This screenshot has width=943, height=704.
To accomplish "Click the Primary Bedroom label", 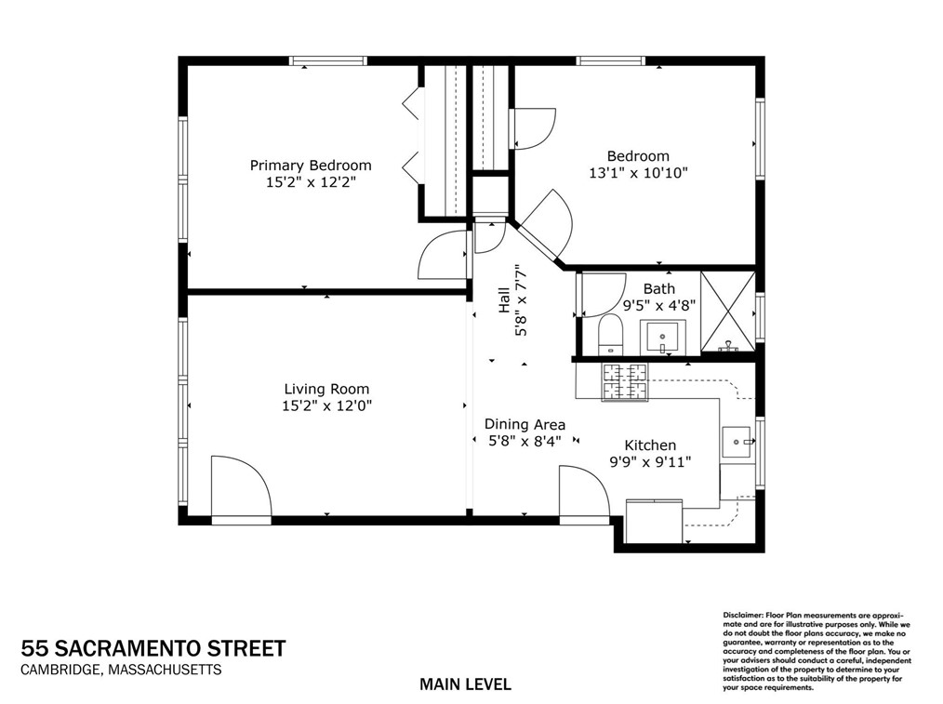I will click(310, 166).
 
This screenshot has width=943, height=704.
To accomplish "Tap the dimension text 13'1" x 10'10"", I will click(638, 173).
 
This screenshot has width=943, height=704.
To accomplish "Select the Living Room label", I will click(326, 389).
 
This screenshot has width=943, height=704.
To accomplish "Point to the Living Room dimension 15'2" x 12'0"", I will click(326, 405).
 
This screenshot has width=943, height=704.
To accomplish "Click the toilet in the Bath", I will click(611, 334).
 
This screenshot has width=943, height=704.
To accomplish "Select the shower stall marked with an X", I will click(727, 312).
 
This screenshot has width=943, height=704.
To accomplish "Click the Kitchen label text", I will click(649, 445).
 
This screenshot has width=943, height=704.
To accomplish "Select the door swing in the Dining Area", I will click(584, 492).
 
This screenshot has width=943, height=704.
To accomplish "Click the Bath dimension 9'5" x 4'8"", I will click(659, 304).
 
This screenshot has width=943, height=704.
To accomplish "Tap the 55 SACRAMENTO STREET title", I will click(153, 648).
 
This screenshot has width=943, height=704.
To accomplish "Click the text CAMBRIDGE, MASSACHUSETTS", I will click(122, 670).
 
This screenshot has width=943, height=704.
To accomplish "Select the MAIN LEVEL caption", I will click(465, 684).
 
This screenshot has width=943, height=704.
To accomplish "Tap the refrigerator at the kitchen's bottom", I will click(654, 522).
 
